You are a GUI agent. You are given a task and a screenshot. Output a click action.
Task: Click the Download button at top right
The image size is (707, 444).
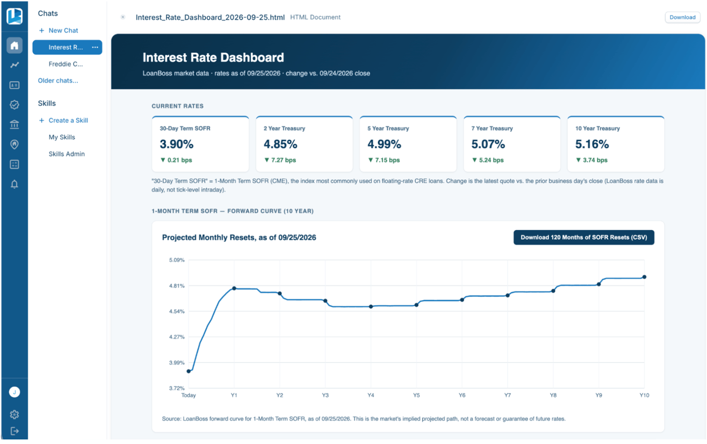point(683,17)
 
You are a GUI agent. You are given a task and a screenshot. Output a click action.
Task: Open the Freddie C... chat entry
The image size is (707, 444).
point(66,64)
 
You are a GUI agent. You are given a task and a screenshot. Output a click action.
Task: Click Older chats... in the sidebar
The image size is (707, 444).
point(58,81)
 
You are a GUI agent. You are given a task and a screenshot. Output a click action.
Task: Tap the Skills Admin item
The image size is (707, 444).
point(67,154)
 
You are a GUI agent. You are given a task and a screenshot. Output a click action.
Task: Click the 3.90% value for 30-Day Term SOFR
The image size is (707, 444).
point(176,144)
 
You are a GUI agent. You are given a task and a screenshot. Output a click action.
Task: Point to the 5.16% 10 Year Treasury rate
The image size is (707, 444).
point(592,144)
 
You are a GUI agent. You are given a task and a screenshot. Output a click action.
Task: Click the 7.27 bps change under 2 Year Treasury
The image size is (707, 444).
point(280,160)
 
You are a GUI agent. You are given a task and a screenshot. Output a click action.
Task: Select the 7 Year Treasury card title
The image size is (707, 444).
point(492,128)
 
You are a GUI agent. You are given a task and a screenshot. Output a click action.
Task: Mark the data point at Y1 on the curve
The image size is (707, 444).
point(234,289)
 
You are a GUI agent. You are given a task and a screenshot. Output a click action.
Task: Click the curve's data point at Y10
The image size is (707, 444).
point(644,277)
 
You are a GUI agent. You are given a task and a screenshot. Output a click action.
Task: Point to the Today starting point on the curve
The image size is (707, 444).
point(189,371)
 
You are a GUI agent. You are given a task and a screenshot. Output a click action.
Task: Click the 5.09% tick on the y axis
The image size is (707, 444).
point(177,260)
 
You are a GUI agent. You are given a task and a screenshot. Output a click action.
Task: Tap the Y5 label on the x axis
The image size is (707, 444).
point(416,395)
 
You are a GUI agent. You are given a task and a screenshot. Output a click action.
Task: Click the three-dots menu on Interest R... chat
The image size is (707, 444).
point(95,47)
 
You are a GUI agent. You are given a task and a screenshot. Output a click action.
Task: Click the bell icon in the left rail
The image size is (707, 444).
point(15,184)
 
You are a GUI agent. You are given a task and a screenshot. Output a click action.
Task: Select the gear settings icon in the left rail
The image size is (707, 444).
point(15,414)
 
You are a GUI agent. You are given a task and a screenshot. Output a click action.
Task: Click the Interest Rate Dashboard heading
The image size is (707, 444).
point(213,57)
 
